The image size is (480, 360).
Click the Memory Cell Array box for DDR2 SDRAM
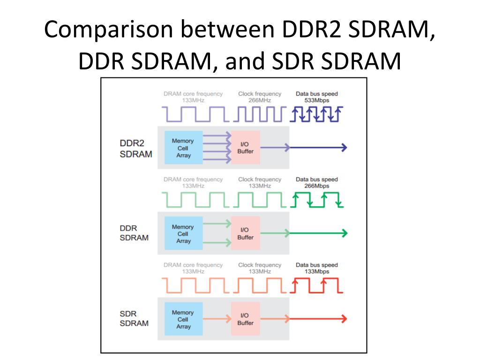[183, 148]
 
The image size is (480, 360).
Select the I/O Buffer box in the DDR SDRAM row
[245, 233]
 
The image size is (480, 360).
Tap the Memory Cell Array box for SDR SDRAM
[183, 319]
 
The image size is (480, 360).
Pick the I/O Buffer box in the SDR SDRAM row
[245, 319]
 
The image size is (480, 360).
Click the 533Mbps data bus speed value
[316, 100]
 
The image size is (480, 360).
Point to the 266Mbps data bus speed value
[316, 186]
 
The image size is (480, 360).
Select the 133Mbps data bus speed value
[316, 272]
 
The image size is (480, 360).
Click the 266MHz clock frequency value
[259, 100]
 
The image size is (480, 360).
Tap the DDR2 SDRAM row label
[135, 149]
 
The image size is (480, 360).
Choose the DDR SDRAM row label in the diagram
[134, 233]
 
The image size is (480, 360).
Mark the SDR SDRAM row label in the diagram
[134, 319]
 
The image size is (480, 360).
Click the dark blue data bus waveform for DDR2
[316, 114]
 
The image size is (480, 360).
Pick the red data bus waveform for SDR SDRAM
[316, 285]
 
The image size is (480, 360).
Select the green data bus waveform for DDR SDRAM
[316, 200]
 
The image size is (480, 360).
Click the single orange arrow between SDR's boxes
[217, 319]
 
